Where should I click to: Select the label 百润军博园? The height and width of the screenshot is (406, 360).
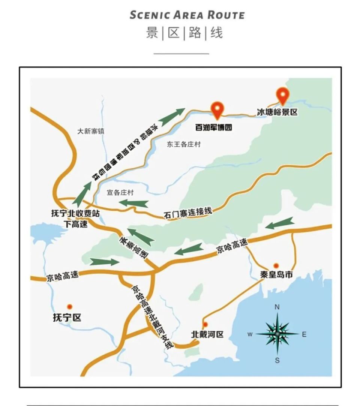(214, 127)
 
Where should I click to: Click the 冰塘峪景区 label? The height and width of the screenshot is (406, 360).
(277, 111)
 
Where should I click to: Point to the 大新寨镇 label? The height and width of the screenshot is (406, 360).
(90, 131)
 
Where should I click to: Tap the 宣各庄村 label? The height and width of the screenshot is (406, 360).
(120, 193)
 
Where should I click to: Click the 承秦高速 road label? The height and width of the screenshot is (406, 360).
(134, 247)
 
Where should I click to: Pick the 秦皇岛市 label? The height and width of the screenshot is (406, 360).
(276, 275)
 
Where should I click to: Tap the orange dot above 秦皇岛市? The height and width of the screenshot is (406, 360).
(276, 265)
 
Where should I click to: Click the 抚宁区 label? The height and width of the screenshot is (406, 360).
(67, 318)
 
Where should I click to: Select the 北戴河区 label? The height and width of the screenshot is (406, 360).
(207, 334)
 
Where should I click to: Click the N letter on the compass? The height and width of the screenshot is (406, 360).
(277, 307)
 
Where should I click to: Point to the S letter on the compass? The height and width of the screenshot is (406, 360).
(277, 361)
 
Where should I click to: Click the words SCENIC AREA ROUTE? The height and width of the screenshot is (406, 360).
(187, 15)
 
